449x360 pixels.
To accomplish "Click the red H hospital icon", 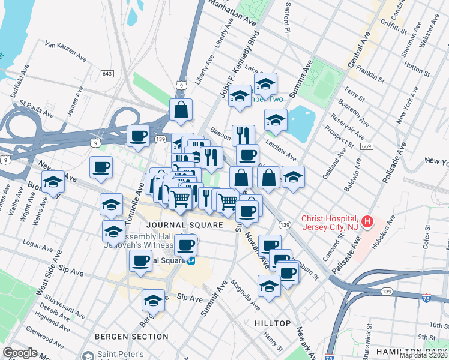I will (x=365, y=223).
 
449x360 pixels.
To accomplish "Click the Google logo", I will (x=20, y=353).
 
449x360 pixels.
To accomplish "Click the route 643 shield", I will (x=107, y=74).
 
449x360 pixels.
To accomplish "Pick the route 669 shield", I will (x=365, y=146).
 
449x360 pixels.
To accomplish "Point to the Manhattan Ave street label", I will (x=232, y=12).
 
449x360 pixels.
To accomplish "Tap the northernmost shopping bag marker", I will (x=181, y=110).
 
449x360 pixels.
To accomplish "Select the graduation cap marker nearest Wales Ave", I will (x=53, y=182).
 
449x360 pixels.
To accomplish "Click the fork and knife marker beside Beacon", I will (x=243, y=135).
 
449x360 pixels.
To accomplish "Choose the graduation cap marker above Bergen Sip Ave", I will (x=154, y=301).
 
